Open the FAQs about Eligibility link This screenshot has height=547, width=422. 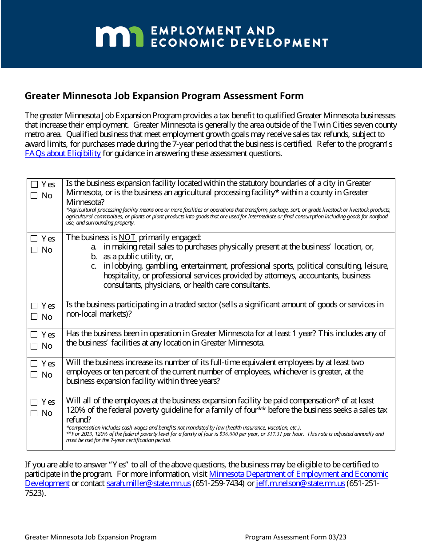(x=63, y=153)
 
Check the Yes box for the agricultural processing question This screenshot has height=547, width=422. (x=34, y=185)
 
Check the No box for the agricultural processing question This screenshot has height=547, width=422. (x=34, y=196)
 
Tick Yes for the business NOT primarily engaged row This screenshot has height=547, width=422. (x=34, y=239)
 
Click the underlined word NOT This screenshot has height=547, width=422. (x=127, y=237)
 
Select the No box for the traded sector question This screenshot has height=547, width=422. (x=34, y=317)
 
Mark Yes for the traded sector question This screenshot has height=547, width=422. (x=34, y=306)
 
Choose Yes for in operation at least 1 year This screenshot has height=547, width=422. (x=34, y=335)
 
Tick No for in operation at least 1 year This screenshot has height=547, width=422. (x=34, y=346)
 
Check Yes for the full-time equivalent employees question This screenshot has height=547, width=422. (x=34, y=364)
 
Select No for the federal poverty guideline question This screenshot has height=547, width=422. (x=34, y=413)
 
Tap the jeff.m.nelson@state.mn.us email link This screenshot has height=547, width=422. (x=300, y=483)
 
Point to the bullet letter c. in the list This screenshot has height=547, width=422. (x=94, y=266)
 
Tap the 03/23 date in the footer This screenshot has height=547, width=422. (x=337, y=537)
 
